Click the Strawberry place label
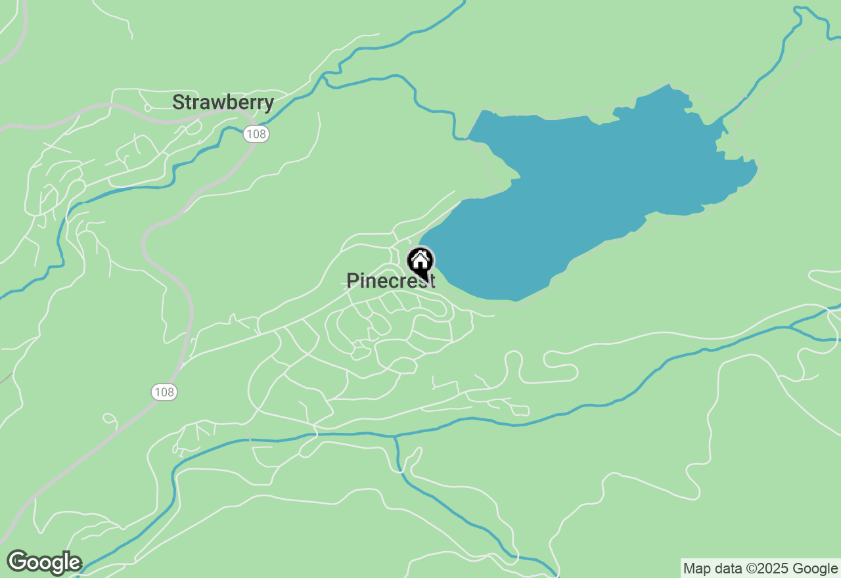point(223,102)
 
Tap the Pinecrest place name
point(390,281)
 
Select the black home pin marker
point(420,262)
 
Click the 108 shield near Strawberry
point(256,134)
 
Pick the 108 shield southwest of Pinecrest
point(164,392)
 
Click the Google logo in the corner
point(45,563)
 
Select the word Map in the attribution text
point(696,569)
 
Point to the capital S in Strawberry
point(178,102)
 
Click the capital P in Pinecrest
point(352,281)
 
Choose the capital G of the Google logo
point(17,562)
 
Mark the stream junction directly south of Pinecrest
point(395,436)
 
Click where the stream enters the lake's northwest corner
point(468,139)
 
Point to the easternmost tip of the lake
point(758,169)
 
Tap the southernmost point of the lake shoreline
point(516,301)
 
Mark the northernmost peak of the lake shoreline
point(669,85)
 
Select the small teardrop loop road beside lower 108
point(110,418)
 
